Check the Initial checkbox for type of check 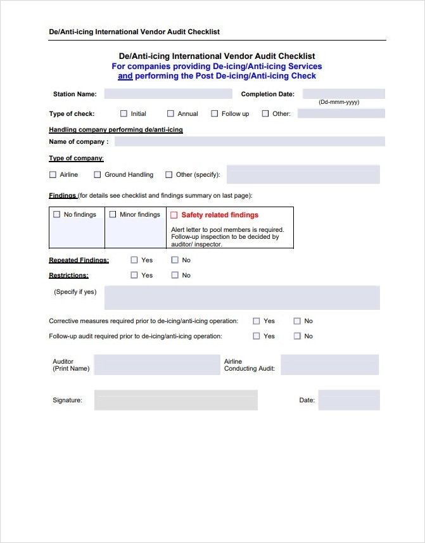[x=124, y=114]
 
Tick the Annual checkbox [x=170, y=114]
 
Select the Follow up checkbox [x=215, y=114]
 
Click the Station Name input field [x=168, y=94]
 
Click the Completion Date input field [x=343, y=94]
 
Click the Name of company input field [x=249, y=141]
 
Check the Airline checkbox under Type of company [x=53, y=175]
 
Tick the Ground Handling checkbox [x=98, y=175]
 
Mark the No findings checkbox [x=57, y=215]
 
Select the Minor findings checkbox [x=113, y=215]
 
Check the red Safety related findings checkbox [x=174, y=215]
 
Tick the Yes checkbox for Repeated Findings [x=134, y=260]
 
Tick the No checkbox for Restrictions [x=175, y=275]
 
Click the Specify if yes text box [x=242, y=298]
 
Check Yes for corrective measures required [x=257, y=321]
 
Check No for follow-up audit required [x=297, y=336]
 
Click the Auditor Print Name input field [x=156, y=365]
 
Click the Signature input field [x=175, y=400]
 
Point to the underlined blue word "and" [x=125, y=76]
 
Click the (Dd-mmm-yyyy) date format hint [x=339, y=102]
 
